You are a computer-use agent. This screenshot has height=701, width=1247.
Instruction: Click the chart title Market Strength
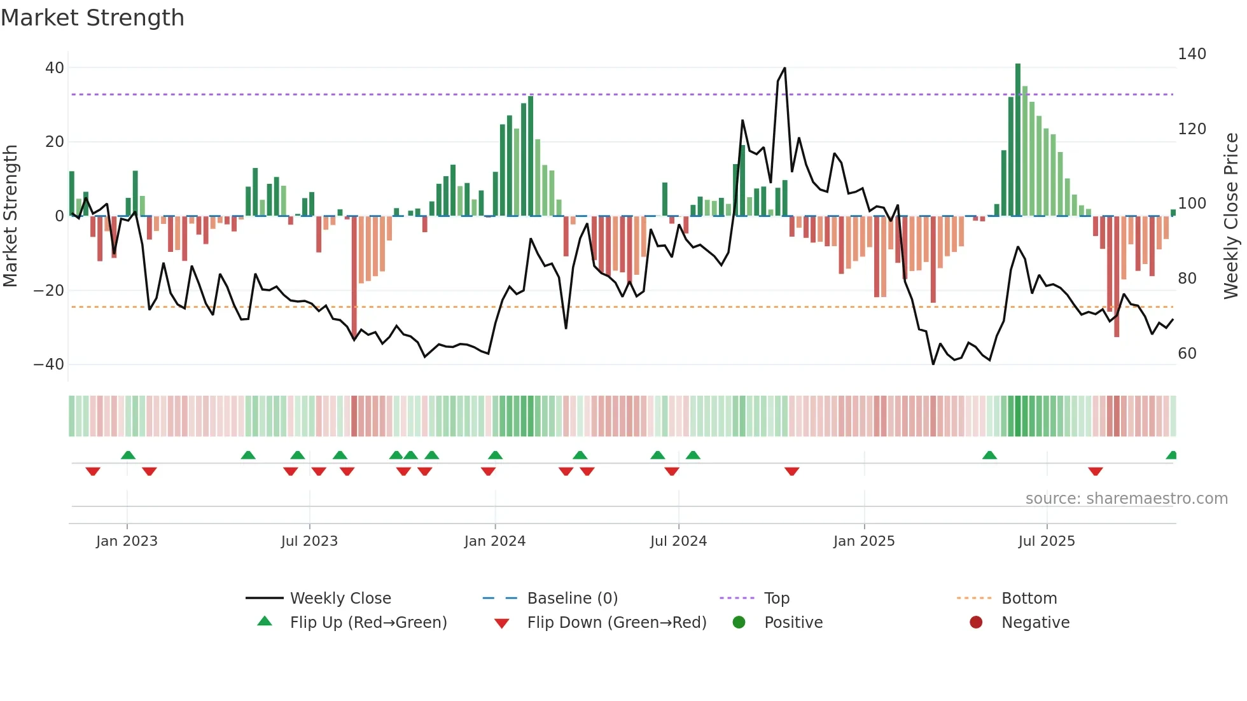(x=92, y=18)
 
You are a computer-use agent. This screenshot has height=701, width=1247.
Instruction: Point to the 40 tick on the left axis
(x=55, y=67)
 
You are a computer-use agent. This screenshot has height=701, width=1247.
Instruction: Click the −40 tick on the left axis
(x=49, y=364)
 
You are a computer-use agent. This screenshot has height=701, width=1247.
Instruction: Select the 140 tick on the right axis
(x=1191, y=54)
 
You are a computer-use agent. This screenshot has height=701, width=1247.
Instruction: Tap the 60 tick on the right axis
(x=1187, y=354)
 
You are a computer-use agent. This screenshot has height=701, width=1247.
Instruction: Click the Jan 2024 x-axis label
(x=494, y=541)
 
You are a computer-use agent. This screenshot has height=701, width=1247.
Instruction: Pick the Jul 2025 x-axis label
(x=1046, y=541)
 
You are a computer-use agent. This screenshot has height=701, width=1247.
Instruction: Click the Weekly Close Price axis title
(x=1231, y=216)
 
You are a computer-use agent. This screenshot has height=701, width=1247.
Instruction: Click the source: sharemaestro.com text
(x=1126, y=499)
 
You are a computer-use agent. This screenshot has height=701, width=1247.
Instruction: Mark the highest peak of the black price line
(x=784, y=68)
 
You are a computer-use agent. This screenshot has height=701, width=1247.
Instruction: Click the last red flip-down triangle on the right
(x=1095, y=471)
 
